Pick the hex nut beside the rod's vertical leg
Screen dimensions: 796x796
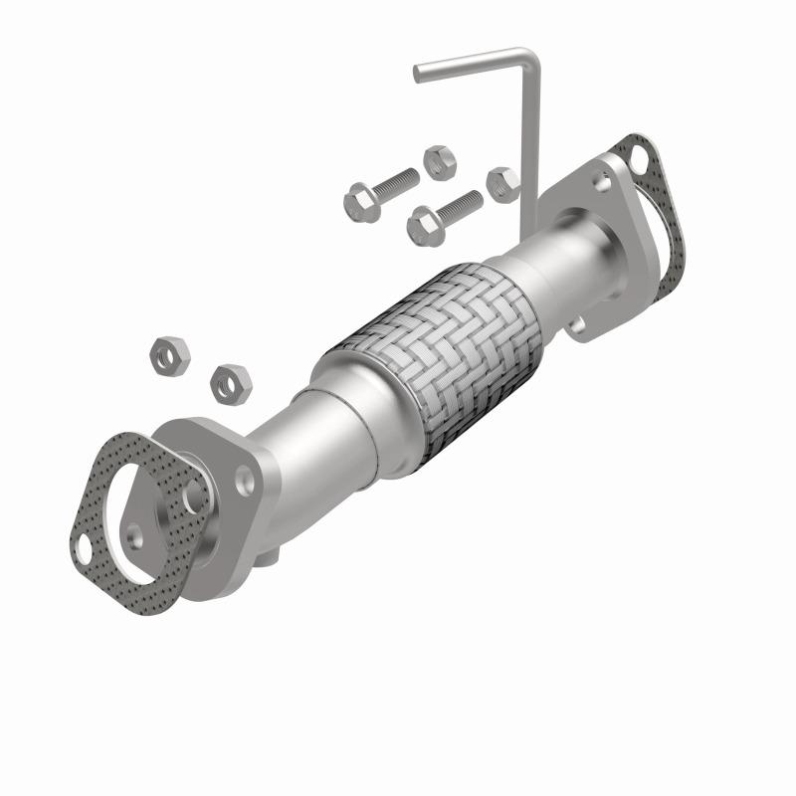(501, 183)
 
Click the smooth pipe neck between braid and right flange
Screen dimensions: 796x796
(567, 261)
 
